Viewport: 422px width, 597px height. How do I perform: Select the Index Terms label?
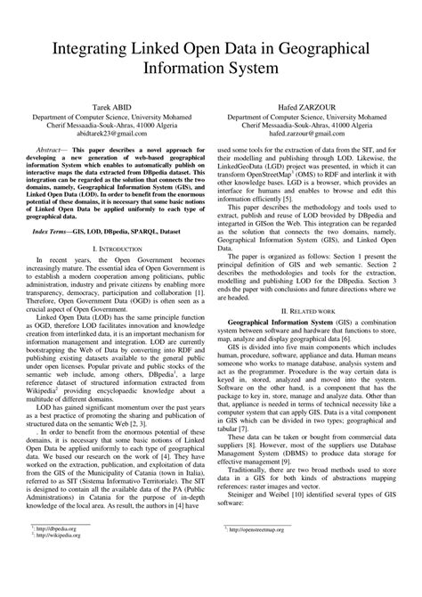click(58, 229)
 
